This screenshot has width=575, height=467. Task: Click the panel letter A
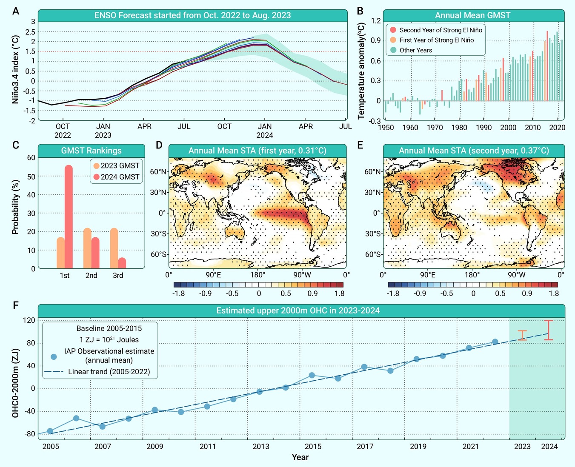tap(16, 11)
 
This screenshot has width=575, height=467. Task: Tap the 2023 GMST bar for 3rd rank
tap(114, 248)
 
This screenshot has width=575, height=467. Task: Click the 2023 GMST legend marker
tap(96, 165)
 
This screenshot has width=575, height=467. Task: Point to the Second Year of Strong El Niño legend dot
tap(393, 30)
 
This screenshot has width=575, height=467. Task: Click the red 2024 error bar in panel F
tap(549, 330)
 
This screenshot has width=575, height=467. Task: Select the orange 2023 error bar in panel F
tap(522, 335)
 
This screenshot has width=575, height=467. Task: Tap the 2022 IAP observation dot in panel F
tap(495, 342)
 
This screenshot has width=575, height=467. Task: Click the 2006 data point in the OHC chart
tap(76, 418)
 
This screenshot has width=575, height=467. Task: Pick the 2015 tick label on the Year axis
tap(313, 447)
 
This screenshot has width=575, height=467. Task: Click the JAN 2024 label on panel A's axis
tap(265, 131)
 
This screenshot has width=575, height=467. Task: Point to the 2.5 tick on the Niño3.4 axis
tap(30, 32)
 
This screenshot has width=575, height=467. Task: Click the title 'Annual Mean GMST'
tap(473, 15)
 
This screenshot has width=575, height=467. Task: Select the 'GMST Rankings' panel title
tap(91, 151)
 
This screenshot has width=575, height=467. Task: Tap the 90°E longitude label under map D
tap(213, 275)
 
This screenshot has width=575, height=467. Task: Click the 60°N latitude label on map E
tap(373, 171)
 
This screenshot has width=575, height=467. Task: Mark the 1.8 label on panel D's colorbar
tap(339, 293)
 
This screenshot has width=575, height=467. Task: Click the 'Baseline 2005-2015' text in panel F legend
tap(109, 328)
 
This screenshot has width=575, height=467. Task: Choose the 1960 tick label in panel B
tap(410, 128)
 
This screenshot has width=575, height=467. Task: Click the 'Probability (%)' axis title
tap(15, 207)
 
